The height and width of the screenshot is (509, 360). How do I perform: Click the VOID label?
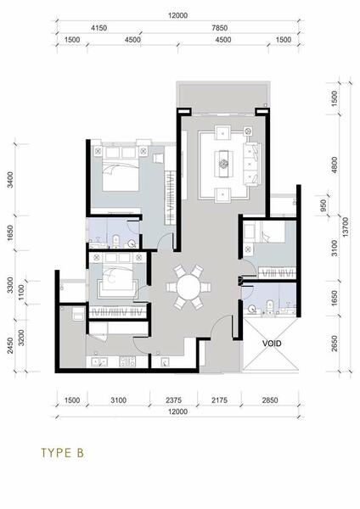tap(272, 343)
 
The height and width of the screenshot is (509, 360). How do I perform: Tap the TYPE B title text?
tap(62, 452)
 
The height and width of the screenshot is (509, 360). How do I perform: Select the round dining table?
tap(188, 287)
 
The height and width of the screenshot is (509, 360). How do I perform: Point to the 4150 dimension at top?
tap(98, 28)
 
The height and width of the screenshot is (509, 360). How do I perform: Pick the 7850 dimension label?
tap(220, 28)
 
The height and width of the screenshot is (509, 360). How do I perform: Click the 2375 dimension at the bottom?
tap(174, 400)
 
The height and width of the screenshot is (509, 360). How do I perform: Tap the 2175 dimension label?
tap(220, 400)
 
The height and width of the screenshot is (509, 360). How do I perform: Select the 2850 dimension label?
tap(270, 400)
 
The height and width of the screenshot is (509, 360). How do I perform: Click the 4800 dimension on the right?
tap(335, 165)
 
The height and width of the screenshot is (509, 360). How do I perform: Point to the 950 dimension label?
tap(323, 205)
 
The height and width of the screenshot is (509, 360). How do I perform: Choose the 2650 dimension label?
tap(335, 344)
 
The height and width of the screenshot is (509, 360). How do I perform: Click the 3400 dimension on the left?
tap(10, 180)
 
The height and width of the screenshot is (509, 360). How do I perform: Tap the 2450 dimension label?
tap(10, 345)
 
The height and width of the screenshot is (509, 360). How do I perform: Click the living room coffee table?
tap(223, 163)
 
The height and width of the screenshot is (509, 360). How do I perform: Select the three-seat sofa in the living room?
tap(252, 164)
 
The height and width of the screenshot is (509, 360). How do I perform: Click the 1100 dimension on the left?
tap(21, 292)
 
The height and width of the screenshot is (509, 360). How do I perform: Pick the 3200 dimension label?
tap(21, 338)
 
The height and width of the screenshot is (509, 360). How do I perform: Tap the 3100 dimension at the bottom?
tap(119, 400)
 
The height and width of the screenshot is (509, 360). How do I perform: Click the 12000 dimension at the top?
tap(178, 15)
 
